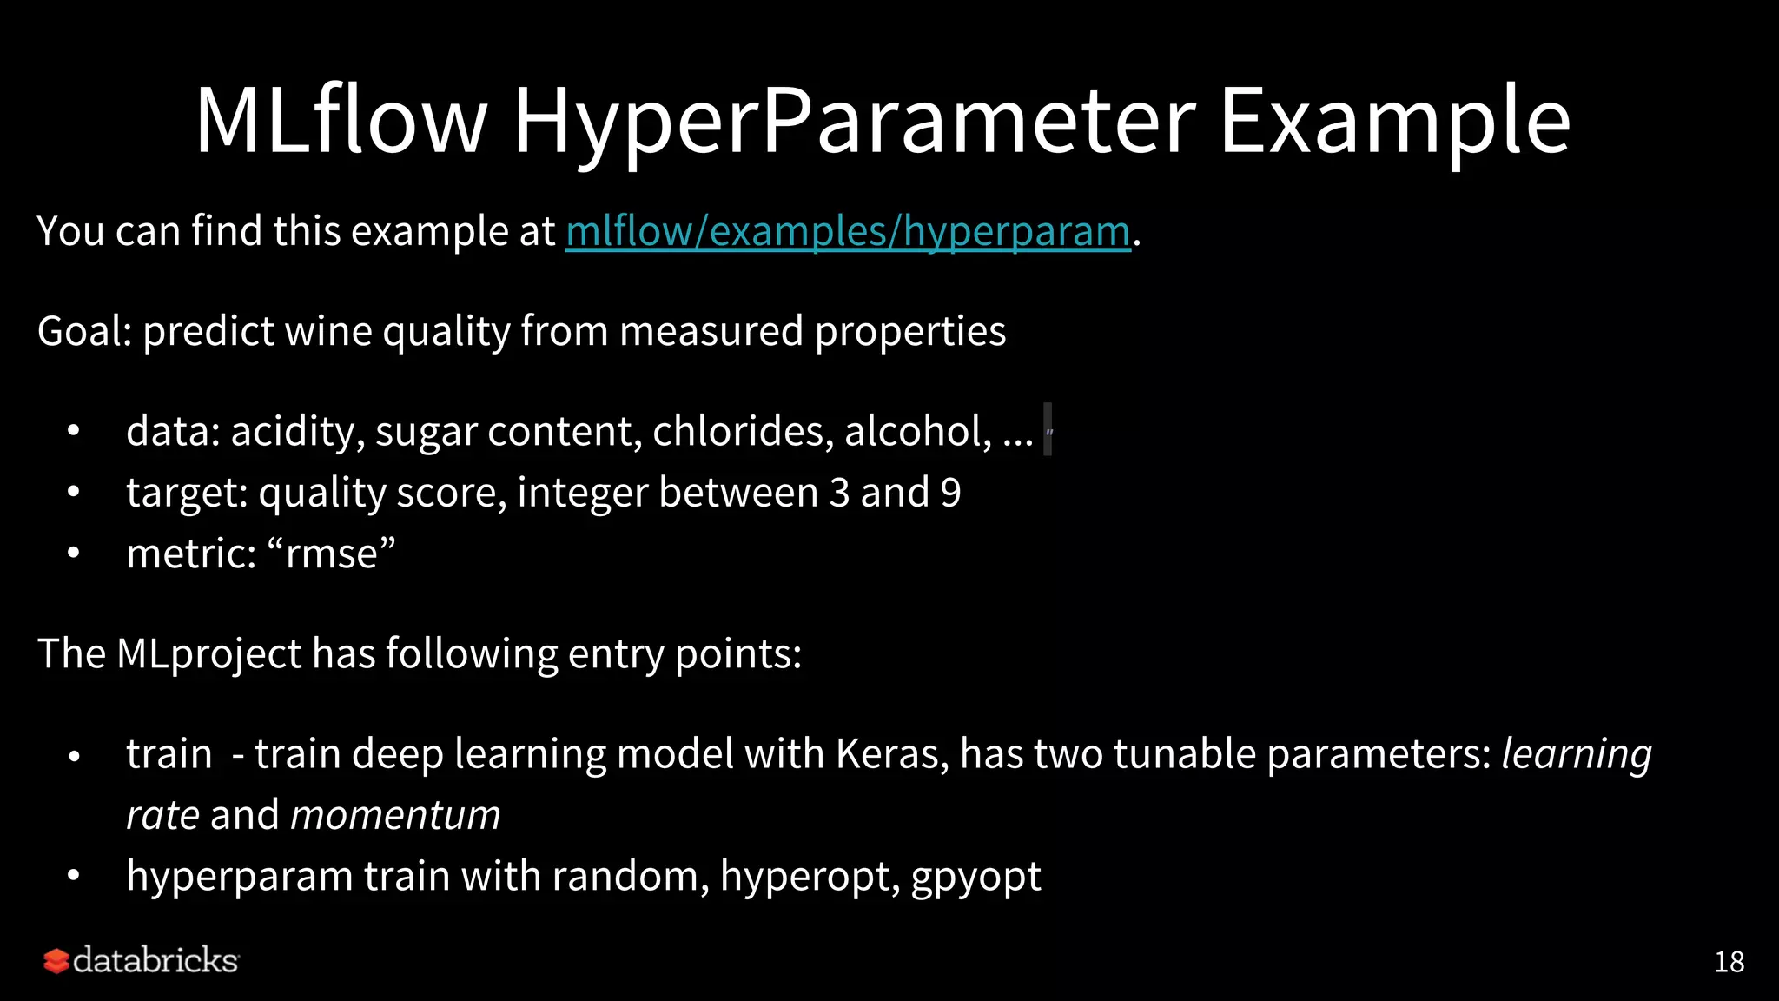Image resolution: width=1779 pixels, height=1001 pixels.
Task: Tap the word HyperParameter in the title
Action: coord(855,122)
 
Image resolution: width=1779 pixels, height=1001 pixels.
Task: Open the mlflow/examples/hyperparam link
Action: coord(848,232)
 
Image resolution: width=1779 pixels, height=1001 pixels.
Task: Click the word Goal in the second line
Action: coord(83,331)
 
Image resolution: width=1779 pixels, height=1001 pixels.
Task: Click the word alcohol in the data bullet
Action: coord(917,431)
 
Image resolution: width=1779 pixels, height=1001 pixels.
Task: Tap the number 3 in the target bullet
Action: coord(838,493)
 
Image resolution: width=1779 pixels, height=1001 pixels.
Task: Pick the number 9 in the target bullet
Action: coord(951,493)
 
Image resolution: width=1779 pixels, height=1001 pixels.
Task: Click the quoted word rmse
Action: coord(331,554)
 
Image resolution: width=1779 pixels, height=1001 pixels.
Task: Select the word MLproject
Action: coord(208,654)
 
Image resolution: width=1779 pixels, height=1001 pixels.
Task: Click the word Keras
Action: coord(890,753)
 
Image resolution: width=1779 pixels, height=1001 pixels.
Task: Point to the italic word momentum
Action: coord(395,815)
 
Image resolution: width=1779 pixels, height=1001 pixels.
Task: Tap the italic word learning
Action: coord(1577,754)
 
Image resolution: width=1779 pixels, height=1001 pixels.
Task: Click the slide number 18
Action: coord(1729,962)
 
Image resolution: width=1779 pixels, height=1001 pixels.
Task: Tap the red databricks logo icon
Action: coord(56,961)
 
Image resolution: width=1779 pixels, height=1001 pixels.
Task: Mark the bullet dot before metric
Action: coord(74,554)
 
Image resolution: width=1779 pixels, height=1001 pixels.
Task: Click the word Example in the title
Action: coord(1395,122)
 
